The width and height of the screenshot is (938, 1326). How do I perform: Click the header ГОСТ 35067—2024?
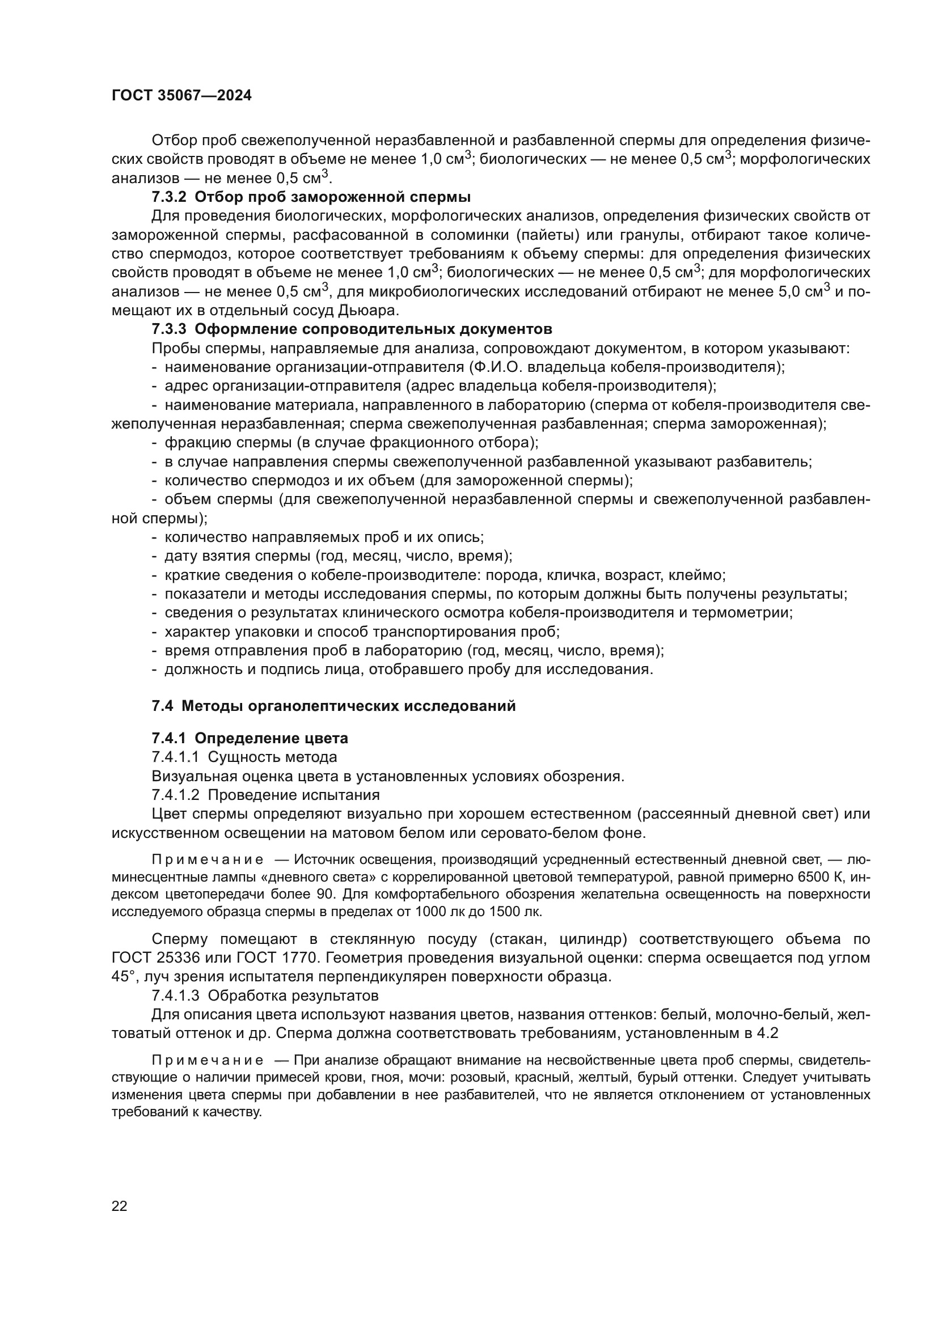(x=181, y=96)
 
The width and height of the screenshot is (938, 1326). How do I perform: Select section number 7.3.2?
(x=168, y=197)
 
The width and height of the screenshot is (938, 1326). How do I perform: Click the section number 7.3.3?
(x=168, y=329)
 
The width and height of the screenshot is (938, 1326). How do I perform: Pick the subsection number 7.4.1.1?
(x=176, y=757)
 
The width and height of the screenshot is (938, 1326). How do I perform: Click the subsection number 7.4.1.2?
(x=176, y=795)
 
